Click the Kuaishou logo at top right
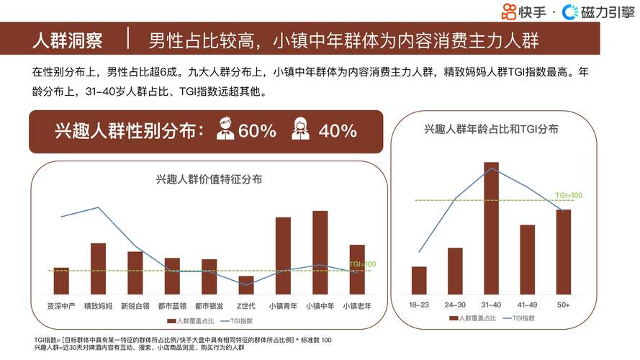526,11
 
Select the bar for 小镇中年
320,252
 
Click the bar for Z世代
245,284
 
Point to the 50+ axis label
563,305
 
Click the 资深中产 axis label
61,305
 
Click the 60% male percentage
257,131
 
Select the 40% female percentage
338,131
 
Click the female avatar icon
301,130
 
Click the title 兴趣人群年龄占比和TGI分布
492,129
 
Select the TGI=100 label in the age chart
568,195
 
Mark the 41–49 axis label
527,305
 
